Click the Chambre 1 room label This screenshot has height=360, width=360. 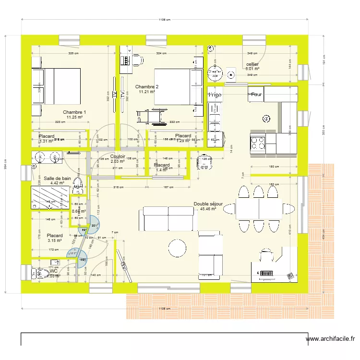pyautogui.click(x=75, y=112)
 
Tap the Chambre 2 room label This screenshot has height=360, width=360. pyautogui.click(x=147, y=86)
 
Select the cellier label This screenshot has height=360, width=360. pyautogui.click(x=252, y=64)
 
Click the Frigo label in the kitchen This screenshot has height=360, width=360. pyautogui.click(x=215, y=96)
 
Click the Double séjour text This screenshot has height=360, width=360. pyautogui.click(x=208, y=204)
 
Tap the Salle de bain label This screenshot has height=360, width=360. pyautogui.click(x=57, y=178)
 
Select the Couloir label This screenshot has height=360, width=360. pyautogui.click(x=118, y=156)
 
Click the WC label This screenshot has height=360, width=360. pyautogui.click(x=53, y=271)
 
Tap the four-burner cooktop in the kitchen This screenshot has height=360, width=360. pyautogui.click(x=258, y=142)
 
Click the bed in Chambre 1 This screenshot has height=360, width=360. pyautogui.click(x=56, y=86)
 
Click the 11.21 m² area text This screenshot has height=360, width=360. pyautogui.click(x=147, y=92)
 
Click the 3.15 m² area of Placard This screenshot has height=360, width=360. pyautogui.click(x=54, y=241)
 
